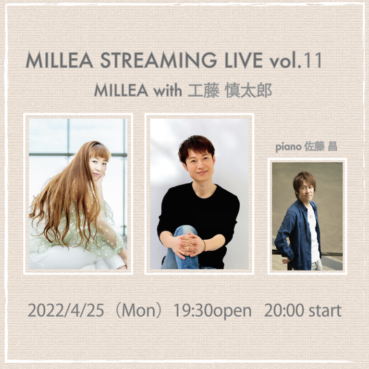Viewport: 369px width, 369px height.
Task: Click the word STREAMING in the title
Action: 159,60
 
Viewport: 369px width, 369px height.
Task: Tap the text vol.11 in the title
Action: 296,60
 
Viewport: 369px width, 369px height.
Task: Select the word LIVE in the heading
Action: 244,60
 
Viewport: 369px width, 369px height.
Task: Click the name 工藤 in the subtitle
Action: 204,91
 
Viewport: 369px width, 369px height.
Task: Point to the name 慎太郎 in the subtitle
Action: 248,91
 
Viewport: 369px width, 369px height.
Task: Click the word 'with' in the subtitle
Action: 168,90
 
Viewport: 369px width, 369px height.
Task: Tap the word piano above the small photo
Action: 288,147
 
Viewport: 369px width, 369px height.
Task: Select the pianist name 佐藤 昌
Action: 321,147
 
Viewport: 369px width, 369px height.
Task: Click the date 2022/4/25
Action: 66,310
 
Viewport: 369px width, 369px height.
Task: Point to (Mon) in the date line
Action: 139,311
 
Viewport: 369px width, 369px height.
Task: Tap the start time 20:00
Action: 284,310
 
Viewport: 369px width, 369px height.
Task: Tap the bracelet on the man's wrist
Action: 204,246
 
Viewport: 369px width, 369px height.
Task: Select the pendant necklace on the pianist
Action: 311,215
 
